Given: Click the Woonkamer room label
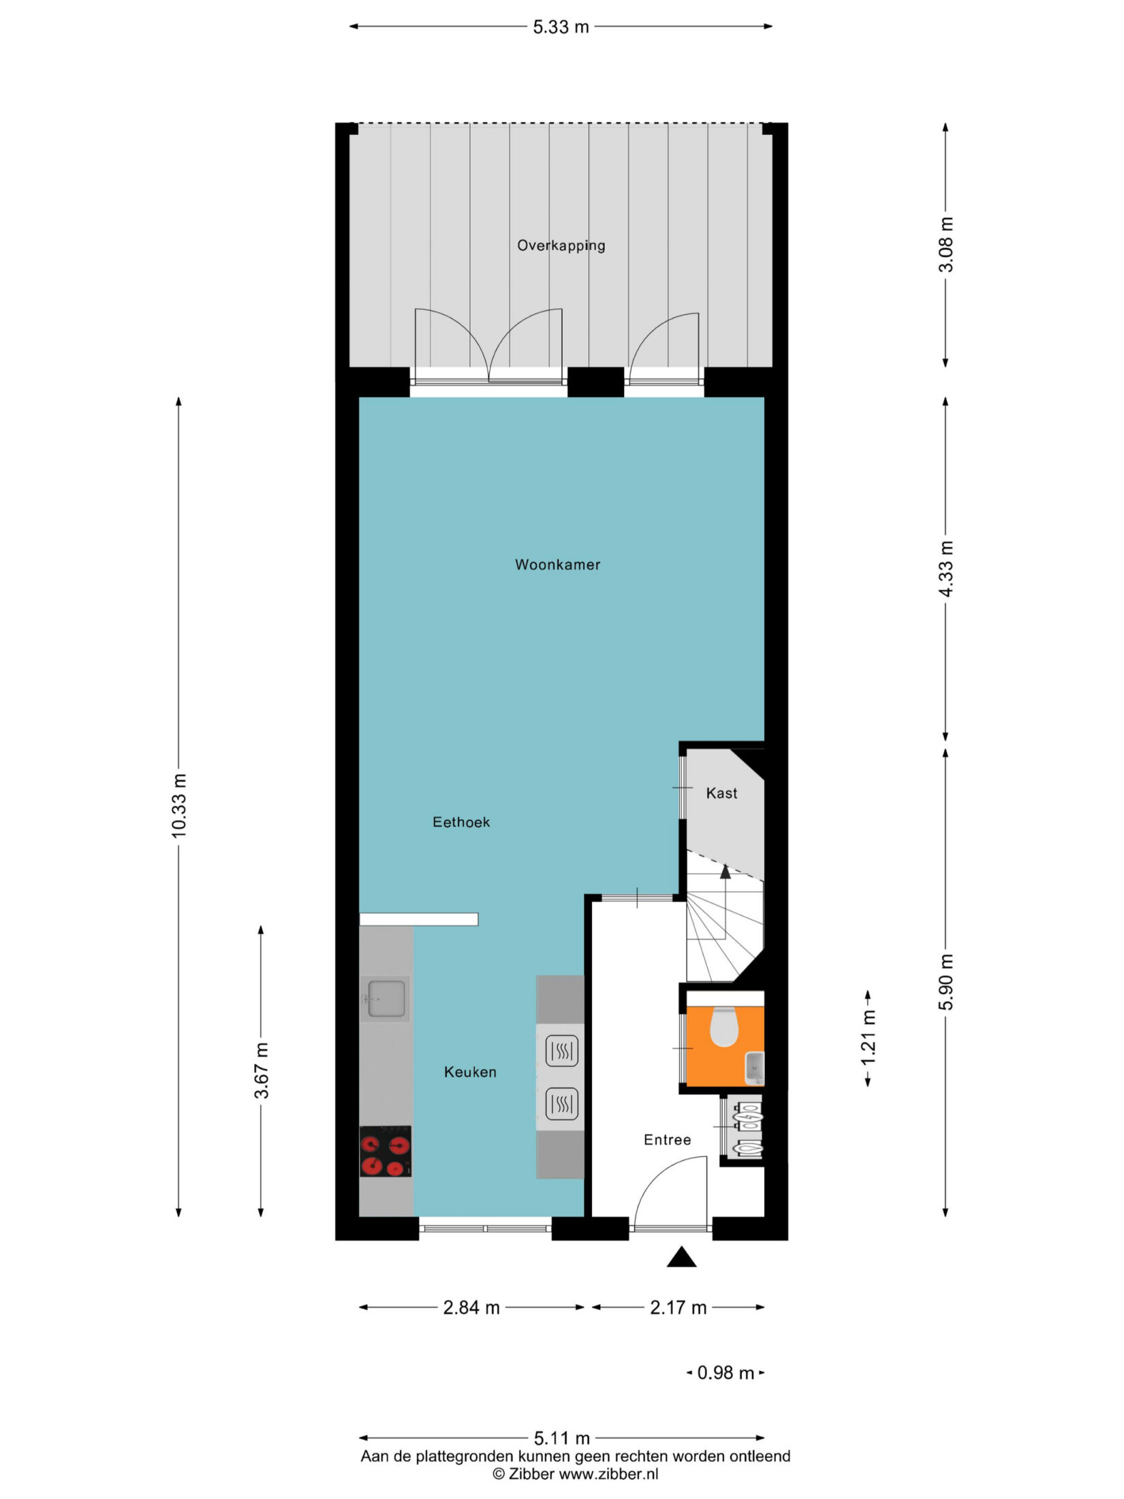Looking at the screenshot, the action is pos(557,565).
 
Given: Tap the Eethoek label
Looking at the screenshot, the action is pos(461,822).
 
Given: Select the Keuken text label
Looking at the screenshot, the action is pos(470,1072).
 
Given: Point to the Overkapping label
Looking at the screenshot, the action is pos(561,246).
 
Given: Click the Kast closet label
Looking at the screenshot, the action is pos(721,793).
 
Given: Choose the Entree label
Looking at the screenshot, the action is pos(668,1140).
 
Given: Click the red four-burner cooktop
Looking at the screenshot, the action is pos(386,1152).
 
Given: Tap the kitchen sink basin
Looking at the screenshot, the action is pos(386,999).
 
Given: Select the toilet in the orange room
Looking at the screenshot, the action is pos(723,1027).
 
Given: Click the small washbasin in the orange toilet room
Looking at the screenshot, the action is pos(755,1068).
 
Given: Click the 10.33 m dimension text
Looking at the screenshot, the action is pos(178,806).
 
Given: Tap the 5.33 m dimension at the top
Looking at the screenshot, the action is pos(561,27).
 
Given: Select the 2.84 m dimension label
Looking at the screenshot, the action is pos(471,1308).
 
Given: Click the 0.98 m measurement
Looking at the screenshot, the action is pos(725,1373).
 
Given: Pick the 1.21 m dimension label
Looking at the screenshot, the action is pos(868,1039).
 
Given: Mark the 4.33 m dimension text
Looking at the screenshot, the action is pos(946,569).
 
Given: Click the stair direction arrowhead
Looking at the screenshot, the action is pos(725,871).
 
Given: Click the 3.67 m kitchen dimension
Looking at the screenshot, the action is pos(262,1070).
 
